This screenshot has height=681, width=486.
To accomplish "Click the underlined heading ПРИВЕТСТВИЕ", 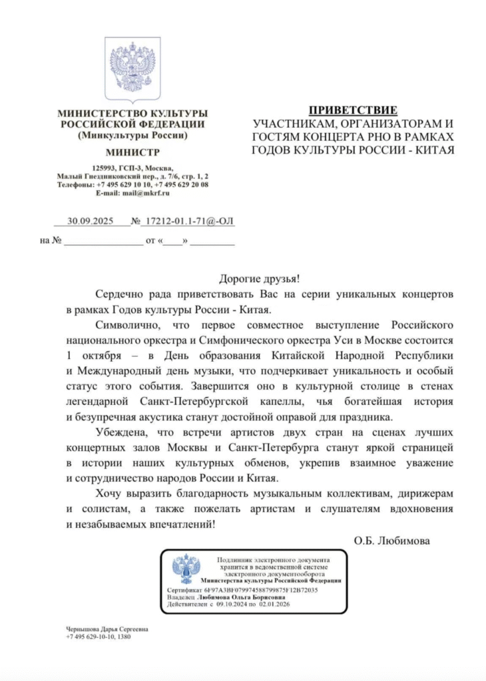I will pyautogui.click(x=353, y=110).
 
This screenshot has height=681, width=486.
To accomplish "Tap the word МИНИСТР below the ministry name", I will pyautogui.click(x=132, y=152).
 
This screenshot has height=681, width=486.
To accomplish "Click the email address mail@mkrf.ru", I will pyautogui.click(x=145, y=192).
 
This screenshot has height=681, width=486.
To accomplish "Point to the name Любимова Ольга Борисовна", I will pyautogui.click(x=246, y=597).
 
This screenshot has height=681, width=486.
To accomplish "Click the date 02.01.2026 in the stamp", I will pyautogui.click(x=273, y=604).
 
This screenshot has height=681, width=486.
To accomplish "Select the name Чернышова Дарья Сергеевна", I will pyautogui.click(x=107, y=629).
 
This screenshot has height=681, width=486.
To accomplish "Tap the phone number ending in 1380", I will pyautogui.click(x=99, y=637).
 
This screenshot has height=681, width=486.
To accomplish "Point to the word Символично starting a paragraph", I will pyautogui.click(x=126, y=325).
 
